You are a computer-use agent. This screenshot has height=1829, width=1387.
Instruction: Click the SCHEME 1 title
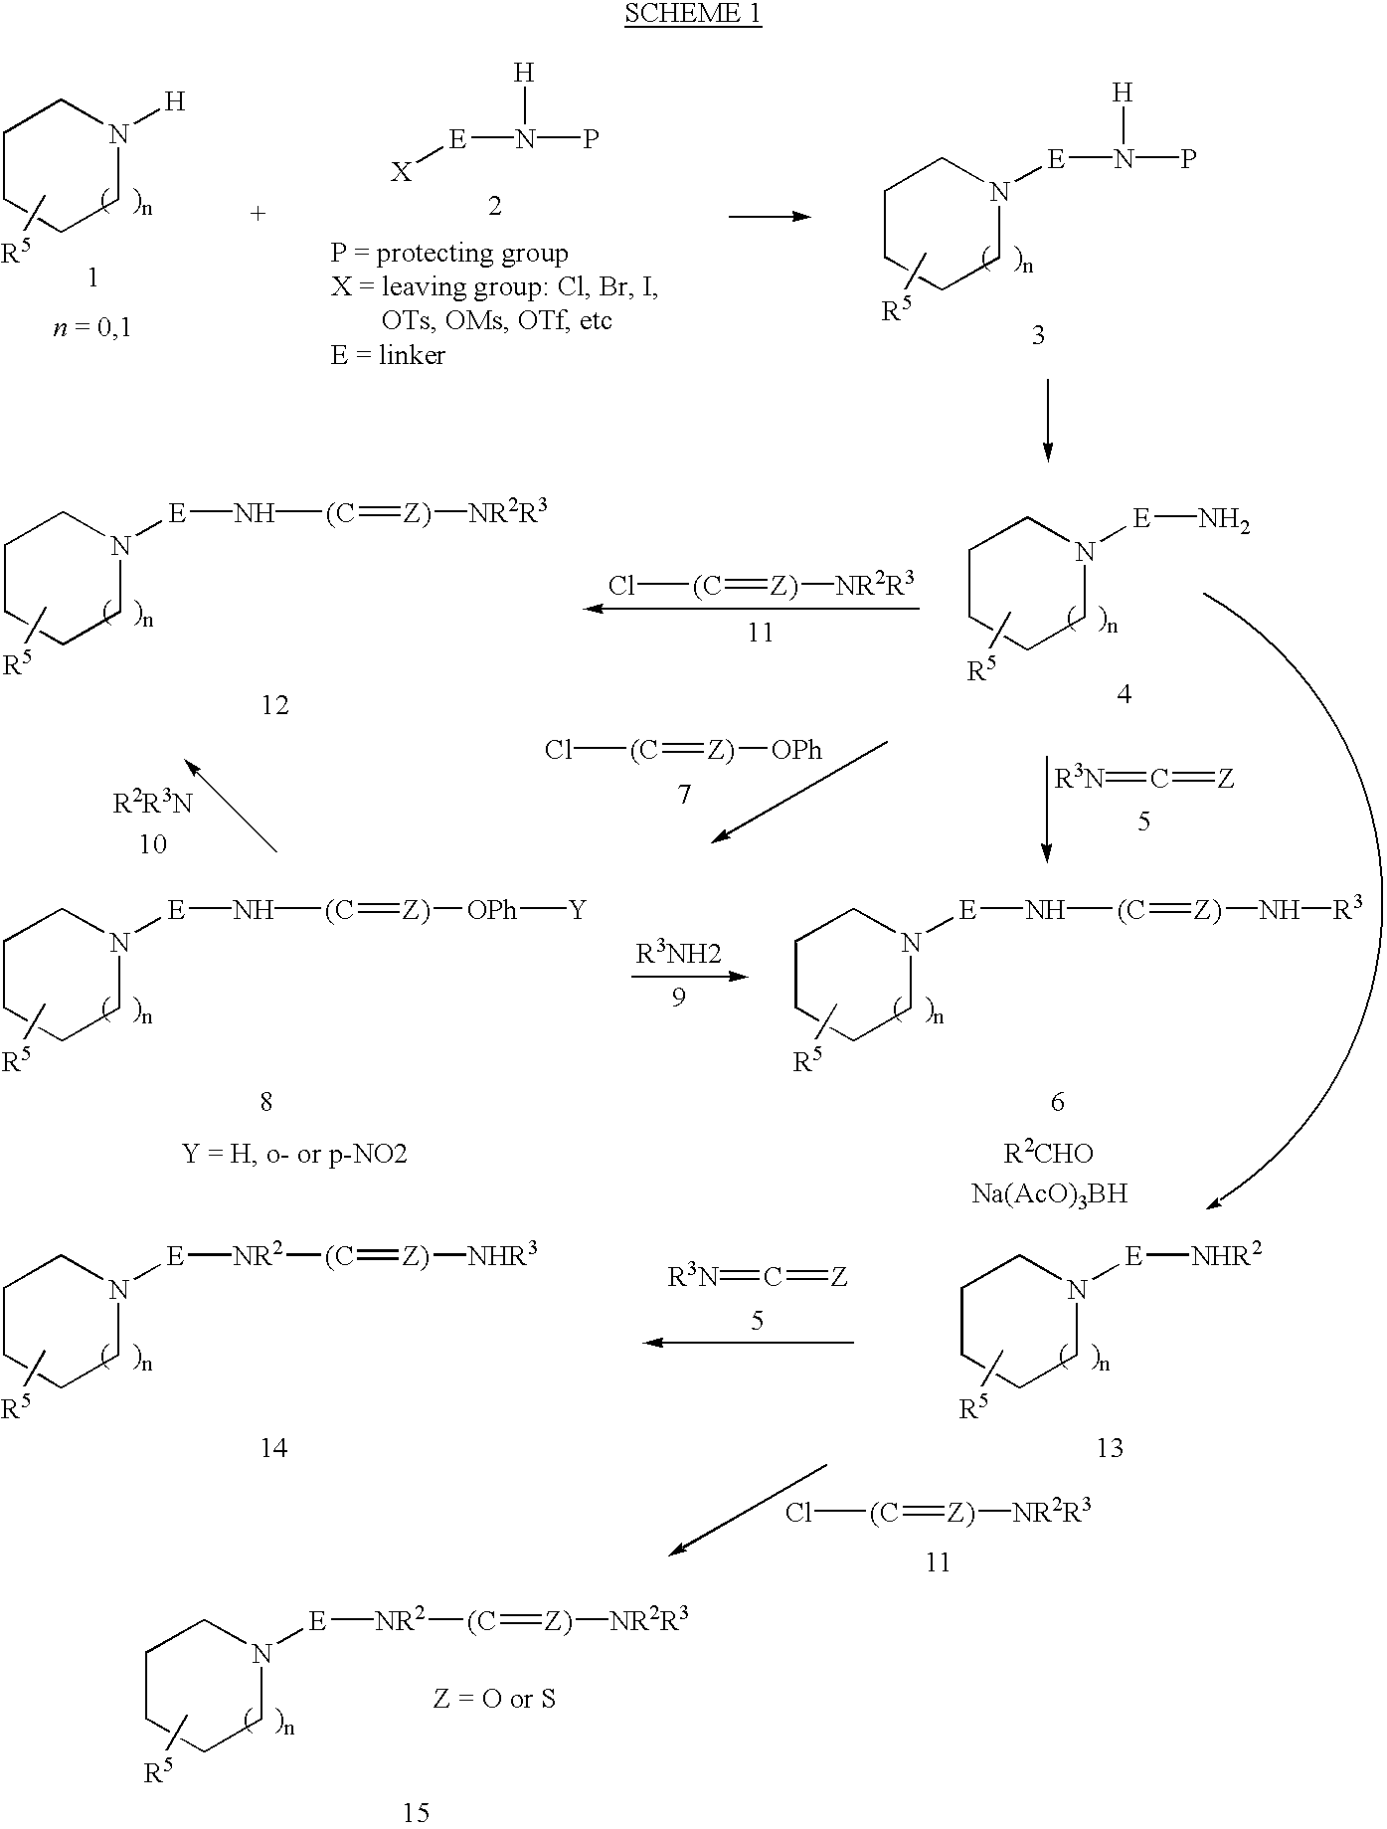click(x=693, y=15)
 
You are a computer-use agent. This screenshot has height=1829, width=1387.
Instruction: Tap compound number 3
click(x=1038, y=335)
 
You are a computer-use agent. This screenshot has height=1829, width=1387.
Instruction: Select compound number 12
click(x=274, y=705)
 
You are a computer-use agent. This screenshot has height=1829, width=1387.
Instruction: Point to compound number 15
click(x=416, y=1813)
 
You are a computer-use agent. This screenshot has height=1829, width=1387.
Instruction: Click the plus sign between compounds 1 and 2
click(x=259, y=214)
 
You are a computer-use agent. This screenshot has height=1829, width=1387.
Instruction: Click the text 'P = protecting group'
click(x=449, y=254)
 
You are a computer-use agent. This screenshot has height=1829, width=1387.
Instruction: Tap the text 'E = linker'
click(x=388, y=355)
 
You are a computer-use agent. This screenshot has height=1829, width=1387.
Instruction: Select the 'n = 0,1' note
click(x=92, y=326)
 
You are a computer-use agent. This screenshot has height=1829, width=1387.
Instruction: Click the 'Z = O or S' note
click(x=494, y=1699)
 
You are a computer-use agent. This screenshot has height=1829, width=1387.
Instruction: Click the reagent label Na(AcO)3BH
click(x=1049, y=1192)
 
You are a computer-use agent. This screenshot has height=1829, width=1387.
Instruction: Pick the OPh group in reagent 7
click(x=797, y=750)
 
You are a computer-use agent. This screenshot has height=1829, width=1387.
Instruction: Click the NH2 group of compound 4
click(x=1224, y=519)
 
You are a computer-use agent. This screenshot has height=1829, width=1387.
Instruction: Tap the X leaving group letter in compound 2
click(x=401, y=173)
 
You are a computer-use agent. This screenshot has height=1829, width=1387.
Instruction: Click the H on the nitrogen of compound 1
click(x=174, y=101)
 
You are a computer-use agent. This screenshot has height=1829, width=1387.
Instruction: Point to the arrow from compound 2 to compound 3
click(x=770, y=216)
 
